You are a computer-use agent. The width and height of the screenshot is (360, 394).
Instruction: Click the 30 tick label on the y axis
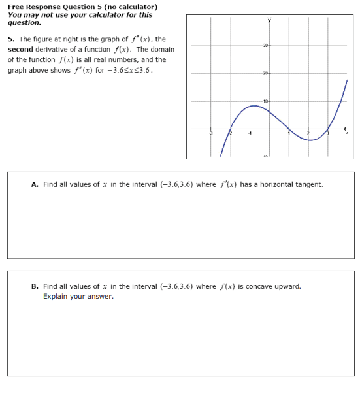(x=265, y=44)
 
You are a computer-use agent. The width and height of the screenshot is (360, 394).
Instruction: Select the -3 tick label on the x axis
(x=210, y=134)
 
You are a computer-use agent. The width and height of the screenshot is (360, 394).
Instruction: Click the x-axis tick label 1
(x=289, y=134)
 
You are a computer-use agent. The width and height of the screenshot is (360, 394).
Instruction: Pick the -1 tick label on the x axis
(x=249, y=134)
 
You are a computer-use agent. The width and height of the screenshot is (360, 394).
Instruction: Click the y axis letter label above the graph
(x=269, y=21)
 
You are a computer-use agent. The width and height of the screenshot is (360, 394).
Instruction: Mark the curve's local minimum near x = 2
(x=312, y=139)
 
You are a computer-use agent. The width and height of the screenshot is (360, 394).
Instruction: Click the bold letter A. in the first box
(x=35, y=184)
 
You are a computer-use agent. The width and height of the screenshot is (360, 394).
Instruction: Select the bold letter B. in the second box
(x=35, y=286)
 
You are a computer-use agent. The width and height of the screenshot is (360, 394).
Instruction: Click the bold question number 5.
(x=10, y=39)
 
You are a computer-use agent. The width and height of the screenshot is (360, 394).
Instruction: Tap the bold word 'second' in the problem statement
(x=21, y=49)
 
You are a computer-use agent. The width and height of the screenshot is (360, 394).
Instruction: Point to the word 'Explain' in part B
(x=56, y=297)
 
